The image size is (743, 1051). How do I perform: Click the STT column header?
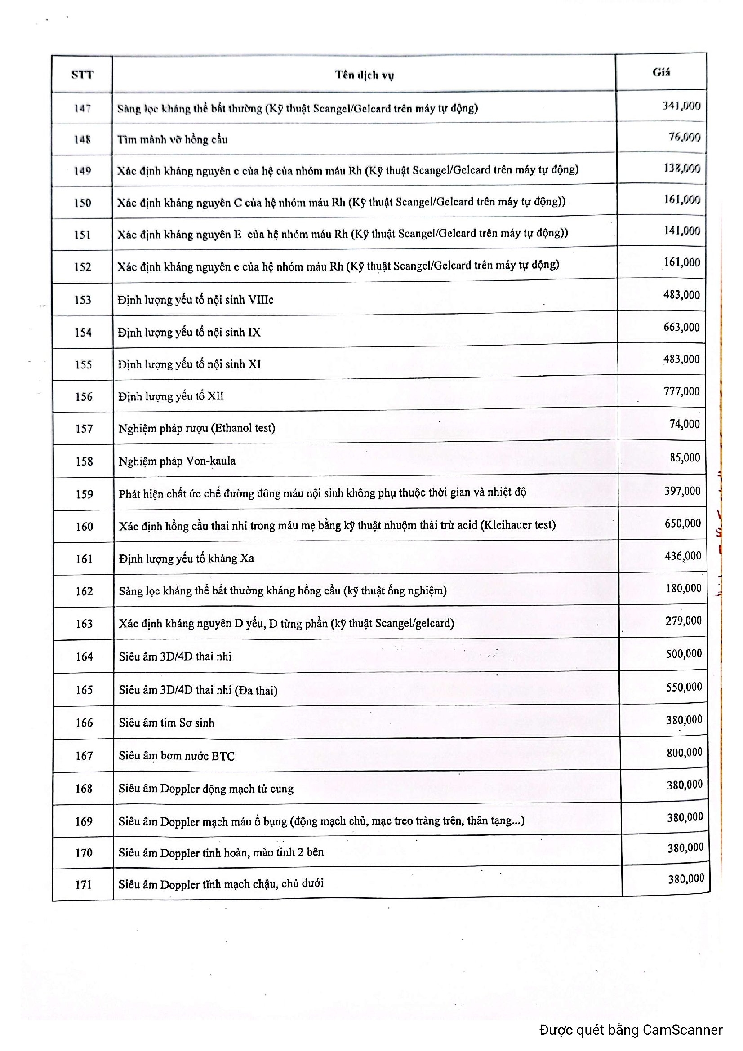82,75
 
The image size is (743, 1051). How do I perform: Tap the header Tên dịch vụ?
364,75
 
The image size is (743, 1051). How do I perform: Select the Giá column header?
661,72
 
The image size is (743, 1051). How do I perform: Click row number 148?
82,139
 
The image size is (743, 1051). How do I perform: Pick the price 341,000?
681,106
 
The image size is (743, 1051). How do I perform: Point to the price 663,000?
681,327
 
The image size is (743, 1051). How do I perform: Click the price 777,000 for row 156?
682,391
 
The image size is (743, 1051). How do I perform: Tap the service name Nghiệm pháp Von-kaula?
177,461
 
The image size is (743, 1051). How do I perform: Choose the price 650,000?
683,523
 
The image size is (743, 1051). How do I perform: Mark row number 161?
84,559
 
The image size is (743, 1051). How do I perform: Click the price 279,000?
683,621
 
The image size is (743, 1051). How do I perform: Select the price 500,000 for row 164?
684,654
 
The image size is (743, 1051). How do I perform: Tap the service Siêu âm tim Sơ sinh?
167,723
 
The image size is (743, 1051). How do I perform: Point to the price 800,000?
684,752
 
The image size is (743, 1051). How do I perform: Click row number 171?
84,885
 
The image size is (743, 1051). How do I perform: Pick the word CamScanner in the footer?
682,1030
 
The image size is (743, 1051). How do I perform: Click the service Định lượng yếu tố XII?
171,396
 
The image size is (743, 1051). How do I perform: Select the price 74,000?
685,424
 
